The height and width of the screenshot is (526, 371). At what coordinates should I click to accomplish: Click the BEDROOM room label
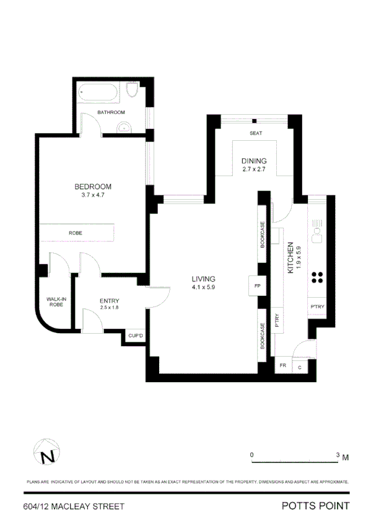[93, 187]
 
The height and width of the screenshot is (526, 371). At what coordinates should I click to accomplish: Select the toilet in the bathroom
[131, 92]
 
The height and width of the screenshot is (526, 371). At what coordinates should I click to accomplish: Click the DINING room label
[253, 161]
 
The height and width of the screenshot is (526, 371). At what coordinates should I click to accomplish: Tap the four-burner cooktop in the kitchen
[318, 278]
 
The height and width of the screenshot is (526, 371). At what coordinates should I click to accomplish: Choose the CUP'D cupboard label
[136, 336]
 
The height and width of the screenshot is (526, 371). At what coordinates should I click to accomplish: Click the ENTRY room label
[110, 301]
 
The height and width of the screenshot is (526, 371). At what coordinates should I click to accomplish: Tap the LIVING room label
[203, 280]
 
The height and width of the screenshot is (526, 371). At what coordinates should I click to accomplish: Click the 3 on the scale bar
[338, 455]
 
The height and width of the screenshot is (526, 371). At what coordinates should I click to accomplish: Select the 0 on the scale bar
[252, 455]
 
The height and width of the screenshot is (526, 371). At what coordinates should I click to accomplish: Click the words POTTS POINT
[315, 506]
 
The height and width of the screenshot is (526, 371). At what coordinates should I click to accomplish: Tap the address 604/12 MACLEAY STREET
[73, 507]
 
